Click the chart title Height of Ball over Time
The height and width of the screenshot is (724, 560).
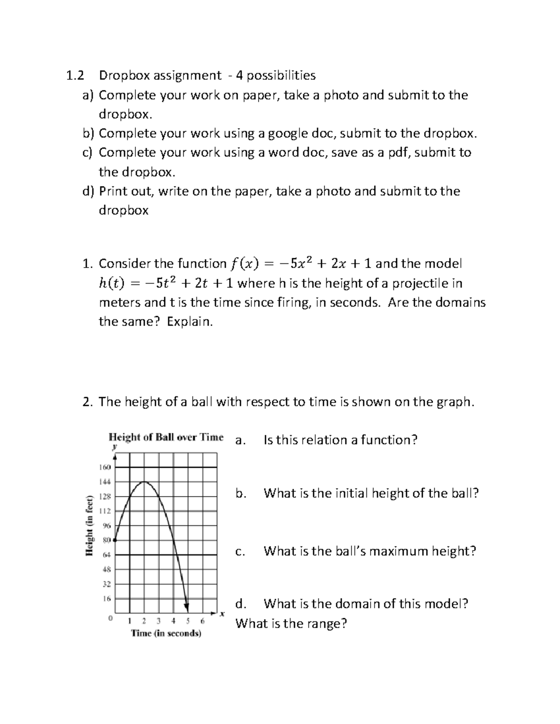pyautogui.click(x=166, y=437)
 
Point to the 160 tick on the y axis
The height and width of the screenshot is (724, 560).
pyautogui.click(x=105, y=467)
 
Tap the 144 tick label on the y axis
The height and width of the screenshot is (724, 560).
pyautogui.click(x=105, y=482)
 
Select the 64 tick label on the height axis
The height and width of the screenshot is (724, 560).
pyautogui.click(x=107, y=555)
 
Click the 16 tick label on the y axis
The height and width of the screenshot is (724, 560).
pyautogui.click(x=107, y=598)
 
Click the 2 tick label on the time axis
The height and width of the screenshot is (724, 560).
pyautogui.click(x=144, y=621)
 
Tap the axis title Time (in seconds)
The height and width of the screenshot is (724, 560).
pyautogui.click(x=166, y=634)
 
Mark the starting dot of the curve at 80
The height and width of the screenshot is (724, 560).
pyautogui.click(x=115, y=540)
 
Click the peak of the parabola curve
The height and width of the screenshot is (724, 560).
pyautogui.click(x=145, y=482)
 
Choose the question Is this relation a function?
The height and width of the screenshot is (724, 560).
pyautogui.click(x=340, y=440)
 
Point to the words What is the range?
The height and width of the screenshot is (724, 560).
pyautogui.click(x=291, y=623)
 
